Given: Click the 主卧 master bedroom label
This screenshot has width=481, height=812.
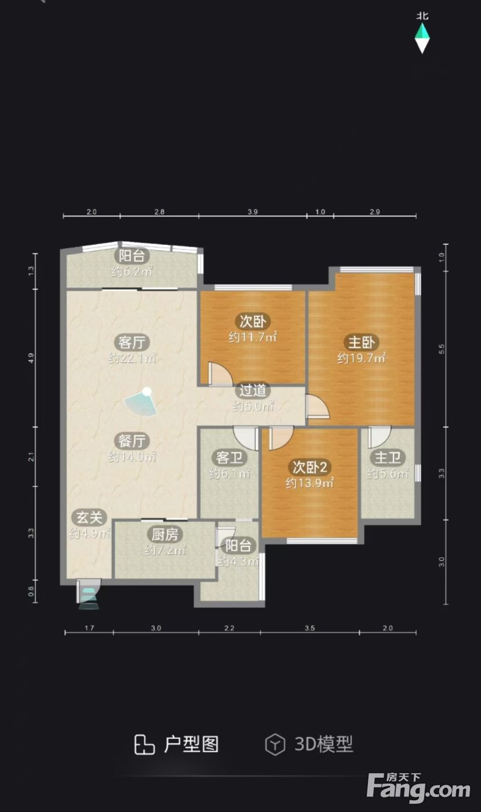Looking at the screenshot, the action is tap(362, 342).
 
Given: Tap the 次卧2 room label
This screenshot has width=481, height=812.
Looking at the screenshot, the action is tap(310, 467).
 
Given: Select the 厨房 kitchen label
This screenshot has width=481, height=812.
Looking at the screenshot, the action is tap(165, 534).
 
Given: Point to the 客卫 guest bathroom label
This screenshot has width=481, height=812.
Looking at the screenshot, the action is tap(229, 458).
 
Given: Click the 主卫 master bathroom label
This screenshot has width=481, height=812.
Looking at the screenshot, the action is tap(388, 458).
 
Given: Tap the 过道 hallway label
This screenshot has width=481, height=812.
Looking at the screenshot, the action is tap(253, 390).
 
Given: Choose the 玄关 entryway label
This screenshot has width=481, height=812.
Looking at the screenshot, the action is tap(89, 517).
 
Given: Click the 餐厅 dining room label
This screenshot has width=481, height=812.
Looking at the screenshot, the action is tap(132, 441).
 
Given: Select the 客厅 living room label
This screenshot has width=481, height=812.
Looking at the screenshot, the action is tap(132, 342).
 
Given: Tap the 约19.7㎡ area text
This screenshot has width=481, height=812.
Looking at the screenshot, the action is tap(362, 358).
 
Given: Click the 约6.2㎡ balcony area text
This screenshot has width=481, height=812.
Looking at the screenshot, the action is tap(132, 271).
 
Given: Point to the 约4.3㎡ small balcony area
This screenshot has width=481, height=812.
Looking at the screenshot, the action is tap(238, 561).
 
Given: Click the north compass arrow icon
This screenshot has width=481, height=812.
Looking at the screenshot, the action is tap(422, 38).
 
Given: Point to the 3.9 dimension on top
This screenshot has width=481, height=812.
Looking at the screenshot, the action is tap(253, 212).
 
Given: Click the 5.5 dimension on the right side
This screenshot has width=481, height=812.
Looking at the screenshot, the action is tap(441, 349).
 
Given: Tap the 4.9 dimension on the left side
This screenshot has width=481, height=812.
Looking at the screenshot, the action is tap(31, 358).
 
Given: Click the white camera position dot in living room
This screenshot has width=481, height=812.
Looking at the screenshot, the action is tap(147, 391).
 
